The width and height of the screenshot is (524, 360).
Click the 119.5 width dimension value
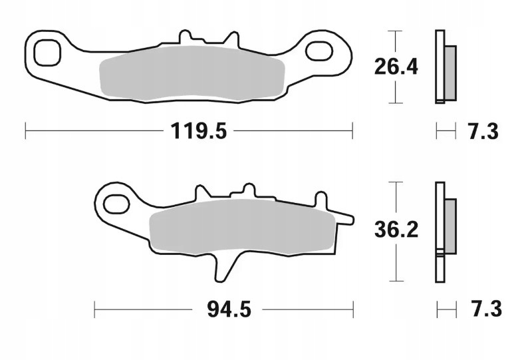click(x=199, y=130)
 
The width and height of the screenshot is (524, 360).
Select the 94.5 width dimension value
click(x=229, y=309)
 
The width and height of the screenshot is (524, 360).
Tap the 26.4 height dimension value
click(x=396, y=67)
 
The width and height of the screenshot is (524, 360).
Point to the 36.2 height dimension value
click(x=396, y=230)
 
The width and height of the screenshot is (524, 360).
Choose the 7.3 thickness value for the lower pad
click(x=487, y=309)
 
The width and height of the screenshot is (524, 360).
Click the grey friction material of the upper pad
click(x=192, y=74)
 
